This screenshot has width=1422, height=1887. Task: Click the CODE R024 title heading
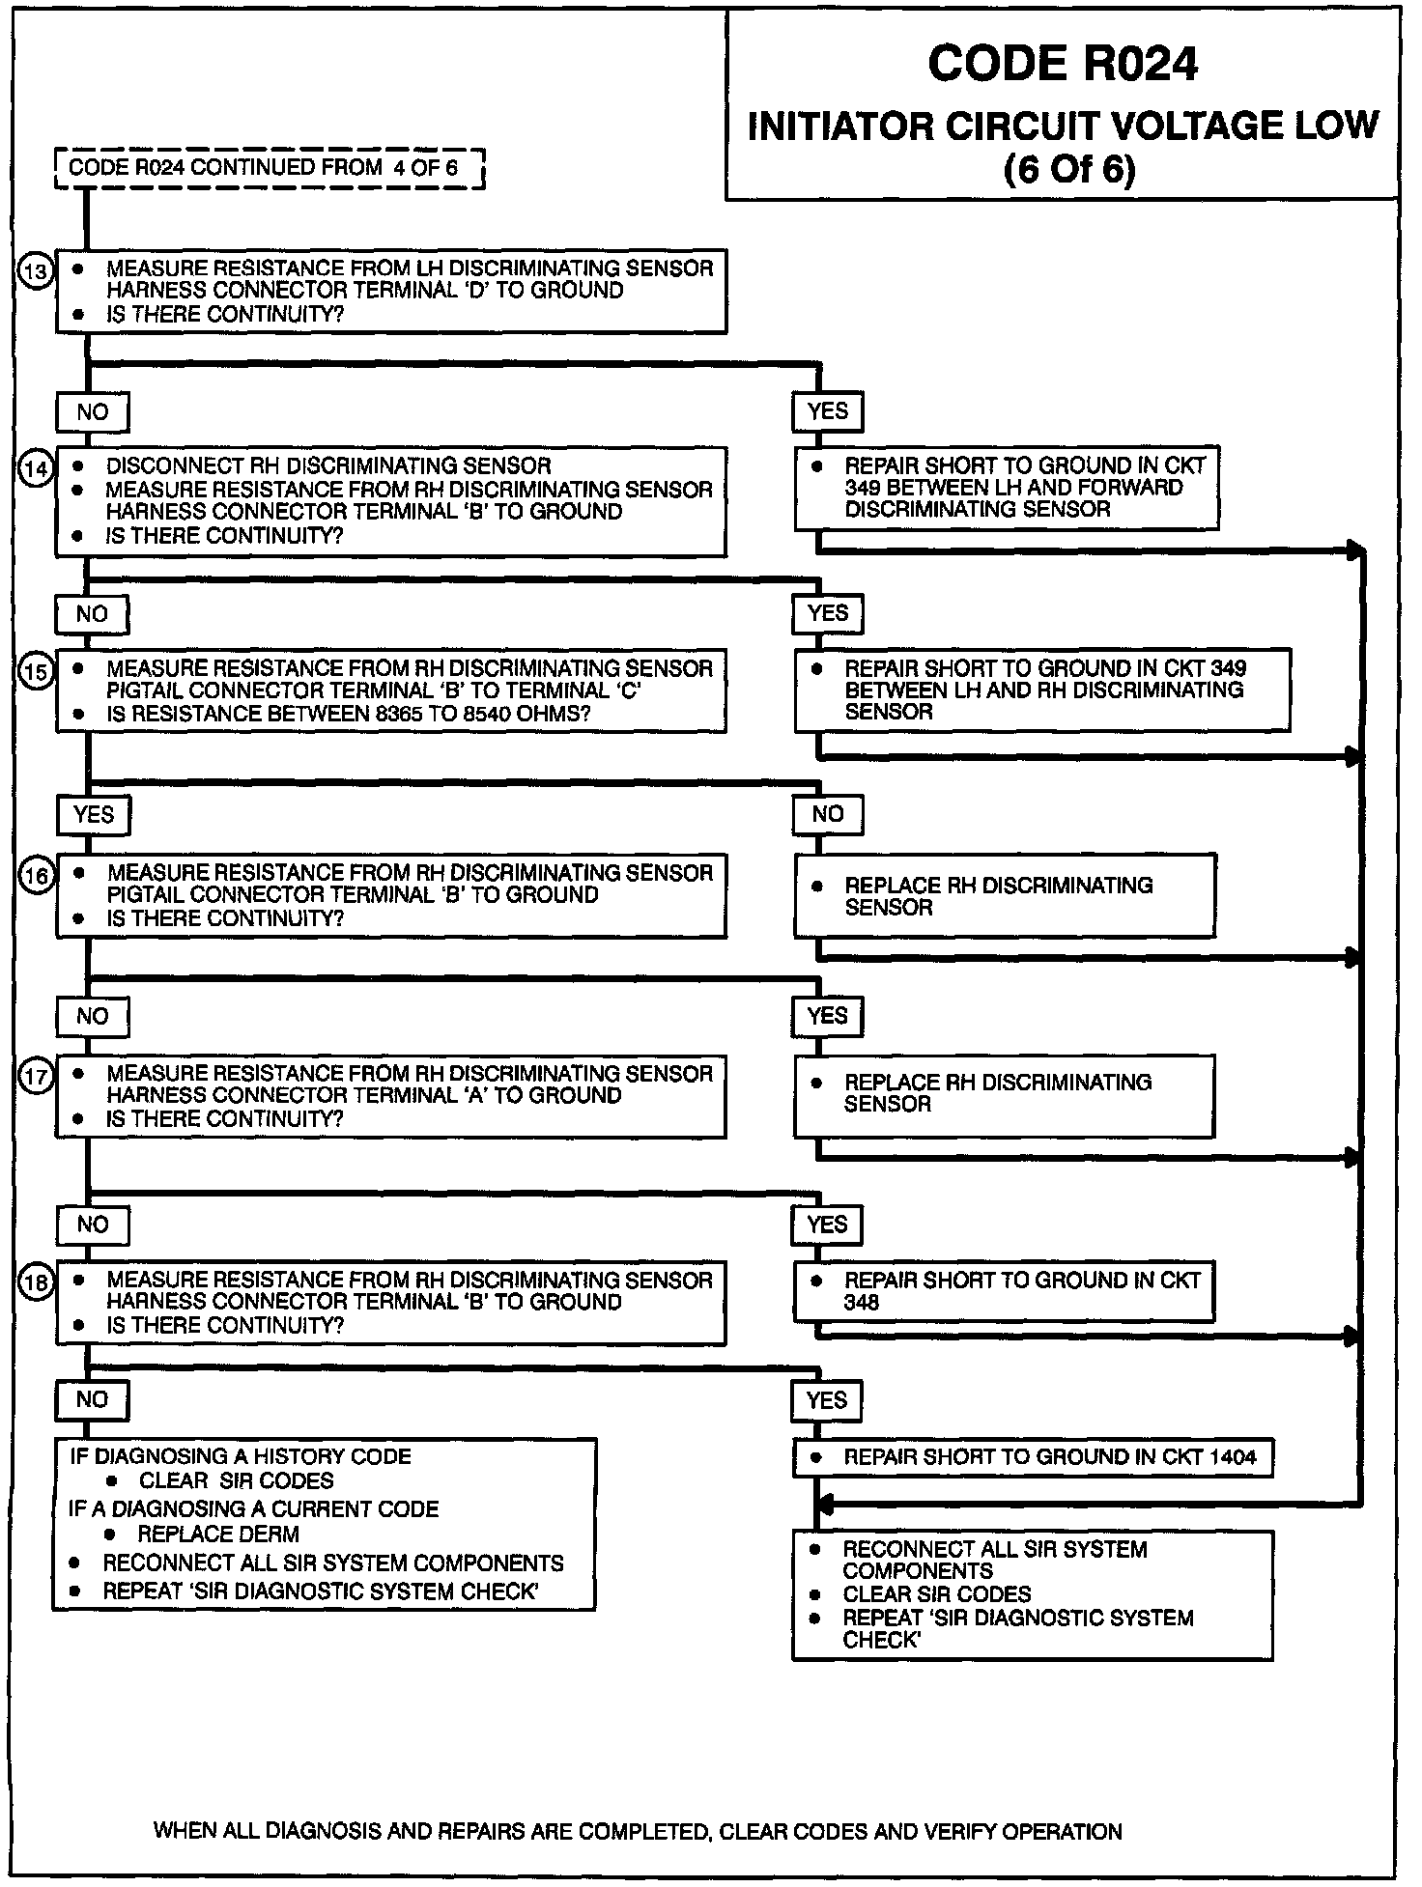tap(1062, 64)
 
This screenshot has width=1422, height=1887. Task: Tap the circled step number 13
tap(35, 272)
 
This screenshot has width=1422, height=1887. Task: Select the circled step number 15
tap(36, 670)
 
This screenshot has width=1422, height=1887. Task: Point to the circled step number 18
tap(36, 1281)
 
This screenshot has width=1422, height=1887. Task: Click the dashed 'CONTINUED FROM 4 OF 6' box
tap(269, 168)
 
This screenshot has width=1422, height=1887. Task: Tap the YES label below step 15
tap(93, 814)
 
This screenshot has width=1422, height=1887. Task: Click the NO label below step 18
tap(92, 1399)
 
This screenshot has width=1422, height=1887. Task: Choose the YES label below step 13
tap(827, 411)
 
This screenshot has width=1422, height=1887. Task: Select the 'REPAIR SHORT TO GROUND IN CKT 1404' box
tap(1033, 1457)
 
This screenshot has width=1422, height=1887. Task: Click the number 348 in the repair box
tap(861, 1302)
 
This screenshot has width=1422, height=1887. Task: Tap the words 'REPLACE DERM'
tap(218, 1534)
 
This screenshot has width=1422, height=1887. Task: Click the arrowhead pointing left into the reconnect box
tap(823, 1506)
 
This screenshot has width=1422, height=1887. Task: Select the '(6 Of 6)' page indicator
tap(1068, 170)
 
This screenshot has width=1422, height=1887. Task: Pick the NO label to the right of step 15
tap(827, 814)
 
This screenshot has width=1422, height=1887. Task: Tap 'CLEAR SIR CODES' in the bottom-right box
tap(936, 1594)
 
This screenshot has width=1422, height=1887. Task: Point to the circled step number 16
tap(36, 875)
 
